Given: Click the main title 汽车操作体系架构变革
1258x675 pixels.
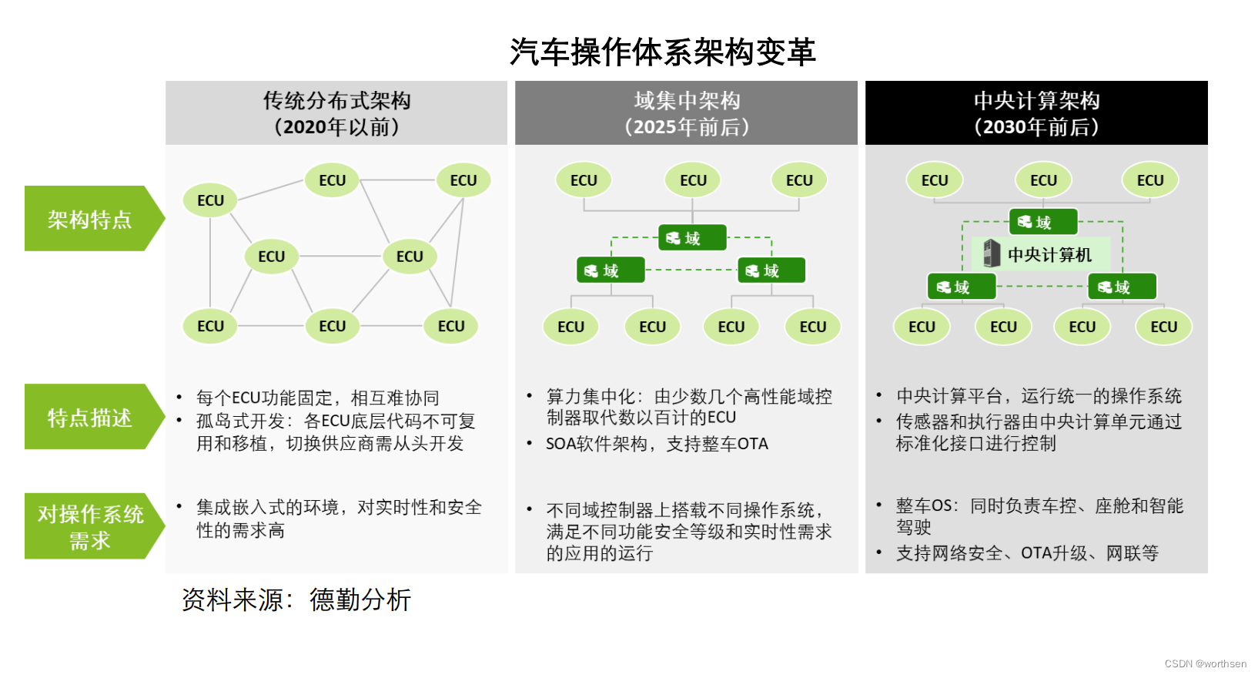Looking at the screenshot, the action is click(662, 52).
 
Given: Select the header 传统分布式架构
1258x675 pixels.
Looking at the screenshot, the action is click(336, 101).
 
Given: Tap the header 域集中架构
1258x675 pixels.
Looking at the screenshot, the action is click(687, 101).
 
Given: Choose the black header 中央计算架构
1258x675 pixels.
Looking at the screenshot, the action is click(1036, 101).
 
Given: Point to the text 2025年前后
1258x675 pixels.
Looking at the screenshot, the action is click(687, 127).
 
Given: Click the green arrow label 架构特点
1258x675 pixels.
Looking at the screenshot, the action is click(90, 220).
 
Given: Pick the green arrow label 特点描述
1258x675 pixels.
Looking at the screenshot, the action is click(90, 418).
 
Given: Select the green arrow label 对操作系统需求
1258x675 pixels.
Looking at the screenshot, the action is click(90, 527).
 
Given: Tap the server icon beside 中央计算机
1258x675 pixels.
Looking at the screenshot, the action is click(992, 254).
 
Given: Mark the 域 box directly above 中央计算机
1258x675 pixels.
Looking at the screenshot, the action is click(1043, 222).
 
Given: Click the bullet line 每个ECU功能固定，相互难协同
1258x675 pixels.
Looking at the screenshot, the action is click(317, 398).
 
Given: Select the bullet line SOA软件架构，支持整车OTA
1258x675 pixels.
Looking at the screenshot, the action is click(657, 444).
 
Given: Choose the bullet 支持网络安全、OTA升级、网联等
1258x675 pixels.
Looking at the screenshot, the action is click(1027, 553).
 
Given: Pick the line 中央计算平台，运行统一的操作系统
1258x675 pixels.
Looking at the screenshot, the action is click(1039, 396).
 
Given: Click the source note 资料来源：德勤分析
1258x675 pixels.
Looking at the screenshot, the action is click(296, 599).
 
